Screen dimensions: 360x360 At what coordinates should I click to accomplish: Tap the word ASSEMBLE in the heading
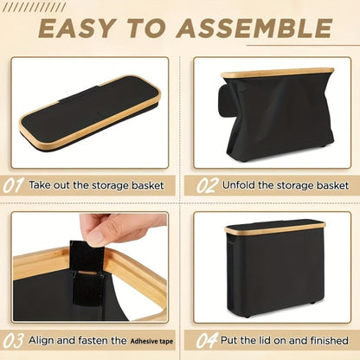(x=254, y=28)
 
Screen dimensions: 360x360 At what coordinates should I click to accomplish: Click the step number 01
(x=13, y=185)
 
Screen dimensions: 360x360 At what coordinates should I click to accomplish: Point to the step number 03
(x=13, y=341)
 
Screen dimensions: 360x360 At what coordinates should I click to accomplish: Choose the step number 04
(x=207, y=341)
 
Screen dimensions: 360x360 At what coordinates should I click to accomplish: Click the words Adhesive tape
(x=151, y=342)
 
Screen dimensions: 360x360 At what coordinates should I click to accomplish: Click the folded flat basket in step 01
(x=89, y=113)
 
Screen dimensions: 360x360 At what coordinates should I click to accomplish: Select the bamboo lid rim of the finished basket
(x=275, y=228)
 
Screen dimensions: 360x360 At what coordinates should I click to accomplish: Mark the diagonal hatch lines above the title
(x=37, y=7)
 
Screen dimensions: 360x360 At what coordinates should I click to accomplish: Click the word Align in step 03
(x=42, y=340)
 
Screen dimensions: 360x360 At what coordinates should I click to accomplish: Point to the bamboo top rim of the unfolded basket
(x=278, y=73)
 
